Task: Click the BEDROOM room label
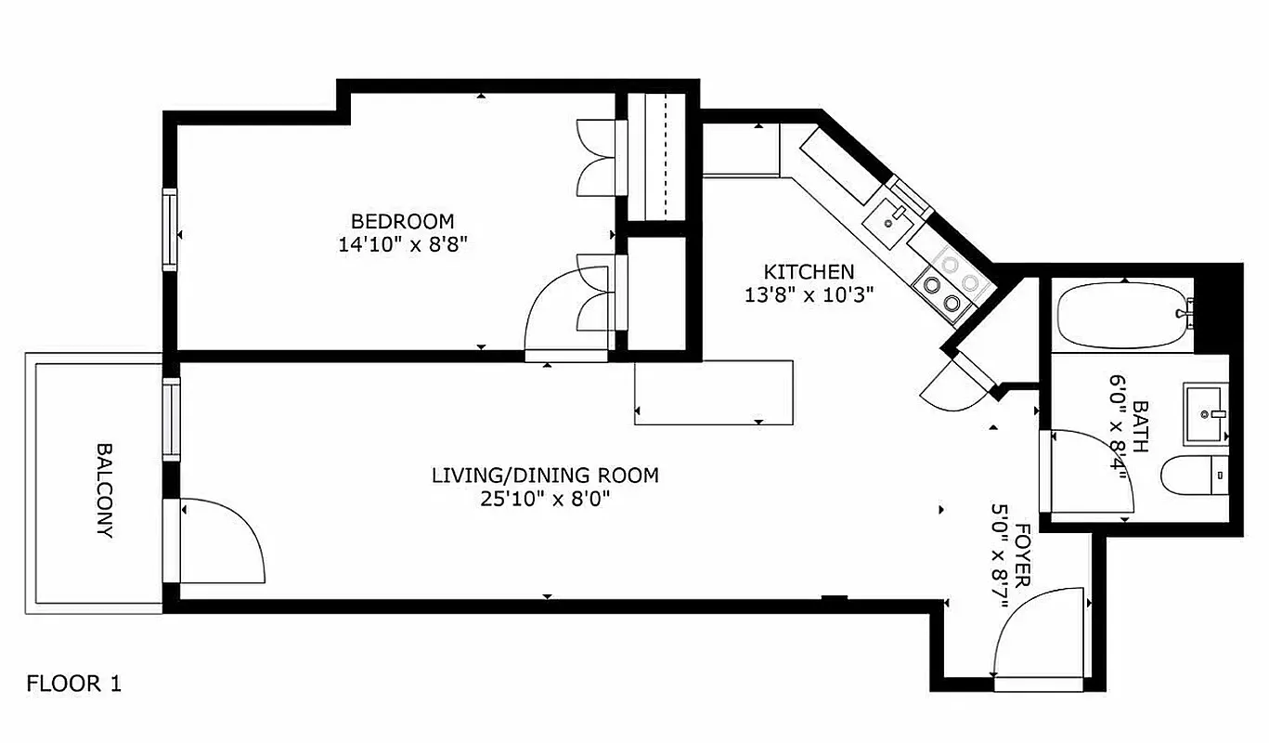pos(402,221)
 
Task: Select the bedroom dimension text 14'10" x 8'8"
pos(402,245)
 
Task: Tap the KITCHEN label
pos(808,272)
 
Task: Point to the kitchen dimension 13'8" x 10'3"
pos(808,295)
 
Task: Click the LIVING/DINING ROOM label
pos(545,476)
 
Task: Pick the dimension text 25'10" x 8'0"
pos(545,500)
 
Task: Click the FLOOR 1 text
pos(73,684)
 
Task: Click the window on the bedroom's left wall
pos(170,229)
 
